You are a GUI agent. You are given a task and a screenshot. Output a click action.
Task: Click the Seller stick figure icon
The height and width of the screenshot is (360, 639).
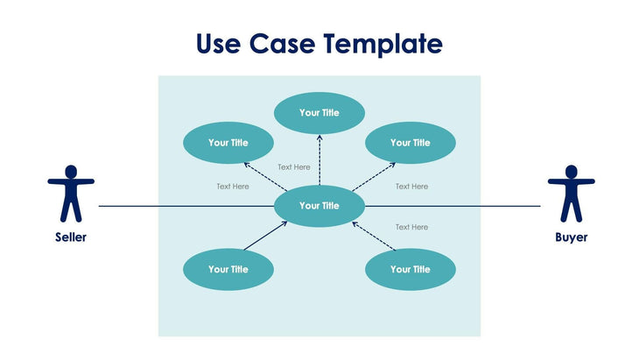pyautogui.click(x=70, y=192)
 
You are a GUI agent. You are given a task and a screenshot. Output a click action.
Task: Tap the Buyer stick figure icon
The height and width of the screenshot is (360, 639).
pyautogui.click(x=571, y=193)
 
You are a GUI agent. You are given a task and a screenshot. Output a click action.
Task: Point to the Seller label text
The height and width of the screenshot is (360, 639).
pyautogui.click(x=71, y=237)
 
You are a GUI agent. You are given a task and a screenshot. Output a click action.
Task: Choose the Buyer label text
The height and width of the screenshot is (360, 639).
pyautogui.click(x=571, y=237)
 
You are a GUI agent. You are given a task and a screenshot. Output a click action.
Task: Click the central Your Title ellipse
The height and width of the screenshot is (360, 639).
pyautogui.click(x=319, y=206)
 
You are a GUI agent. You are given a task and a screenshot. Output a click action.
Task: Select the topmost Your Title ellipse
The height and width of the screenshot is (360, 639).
pyautogui.click(x=319, y=113)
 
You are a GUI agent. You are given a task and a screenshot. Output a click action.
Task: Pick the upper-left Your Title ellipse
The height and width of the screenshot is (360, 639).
pyautogui.click(x=228, y=143)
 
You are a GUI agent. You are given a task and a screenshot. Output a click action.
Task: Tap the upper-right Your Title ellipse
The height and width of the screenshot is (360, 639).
pyautogui.click(x=411, y=143)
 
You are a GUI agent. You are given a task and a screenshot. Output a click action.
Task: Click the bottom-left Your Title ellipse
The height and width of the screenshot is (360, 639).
pyautogui.click(x=228, y=270)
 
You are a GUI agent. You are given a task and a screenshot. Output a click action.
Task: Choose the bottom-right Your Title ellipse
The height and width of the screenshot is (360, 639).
pyautogui.click(x=411, y=270)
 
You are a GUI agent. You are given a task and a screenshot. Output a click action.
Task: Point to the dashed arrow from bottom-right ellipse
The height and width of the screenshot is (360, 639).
pyautogui.click(x=374, y=236)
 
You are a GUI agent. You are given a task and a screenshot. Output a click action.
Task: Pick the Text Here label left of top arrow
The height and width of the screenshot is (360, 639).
pyautogui.click(x=294, y=167)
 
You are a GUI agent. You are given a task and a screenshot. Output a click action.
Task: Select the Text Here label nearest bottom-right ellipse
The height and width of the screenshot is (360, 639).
pyautogui.click(x=411, y=227)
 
